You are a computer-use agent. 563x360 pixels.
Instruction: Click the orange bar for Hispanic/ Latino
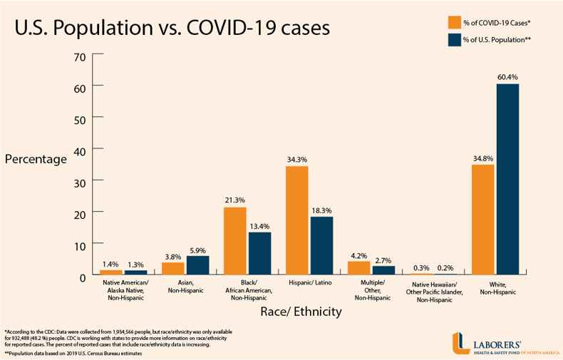[x=296, y=220]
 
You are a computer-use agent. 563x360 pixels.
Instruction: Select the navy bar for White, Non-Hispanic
[x=507, y=179]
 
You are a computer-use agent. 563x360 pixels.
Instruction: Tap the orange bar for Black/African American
[x=234, y=241]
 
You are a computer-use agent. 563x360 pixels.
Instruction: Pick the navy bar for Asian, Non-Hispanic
[x=197, y=265]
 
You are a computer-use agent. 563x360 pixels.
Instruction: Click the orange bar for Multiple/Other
[x=358, y=268]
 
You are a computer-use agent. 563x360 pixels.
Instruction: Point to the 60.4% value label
[x=507, y=76]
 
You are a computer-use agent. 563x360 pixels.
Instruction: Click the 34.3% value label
[x=296, y=159]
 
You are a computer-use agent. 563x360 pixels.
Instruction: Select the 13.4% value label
[x=259, y=225]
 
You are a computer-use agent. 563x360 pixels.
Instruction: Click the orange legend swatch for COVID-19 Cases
[x=453, y=21]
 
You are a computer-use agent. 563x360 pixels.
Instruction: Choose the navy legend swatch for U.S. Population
[x=453, y=40]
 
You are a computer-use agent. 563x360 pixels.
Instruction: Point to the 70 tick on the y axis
[x=79, y=56]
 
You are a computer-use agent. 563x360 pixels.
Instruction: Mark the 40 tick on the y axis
[x=79, y=150]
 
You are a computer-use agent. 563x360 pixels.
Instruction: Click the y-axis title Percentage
[x=36, y=158]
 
